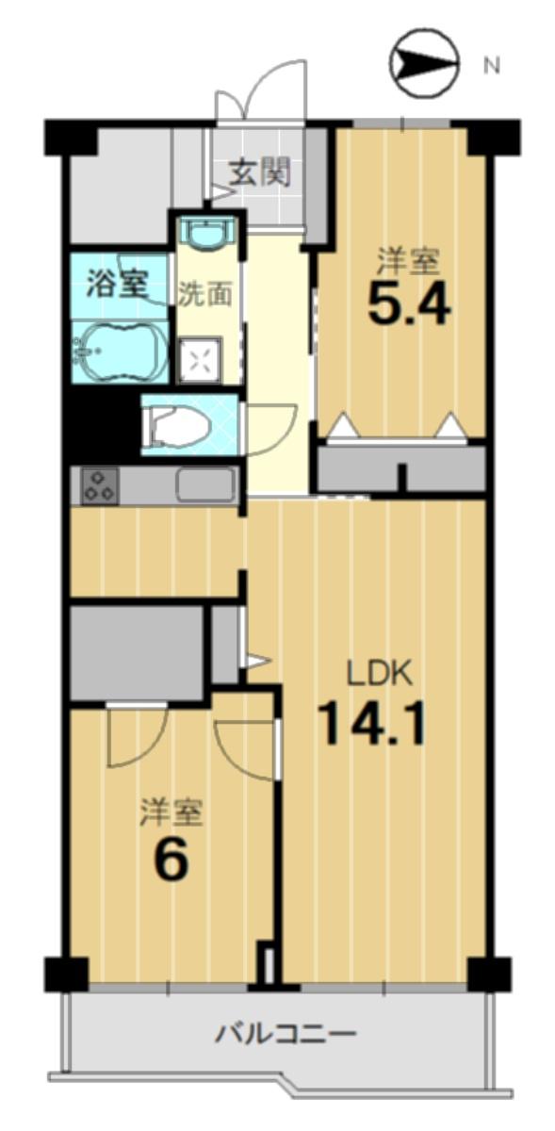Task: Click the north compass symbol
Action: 424,63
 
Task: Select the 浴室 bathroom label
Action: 117,284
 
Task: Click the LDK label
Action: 377,674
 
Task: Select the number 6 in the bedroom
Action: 171,860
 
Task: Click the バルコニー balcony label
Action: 286,1034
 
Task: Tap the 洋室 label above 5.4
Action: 410,258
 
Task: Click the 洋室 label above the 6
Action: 171,811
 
